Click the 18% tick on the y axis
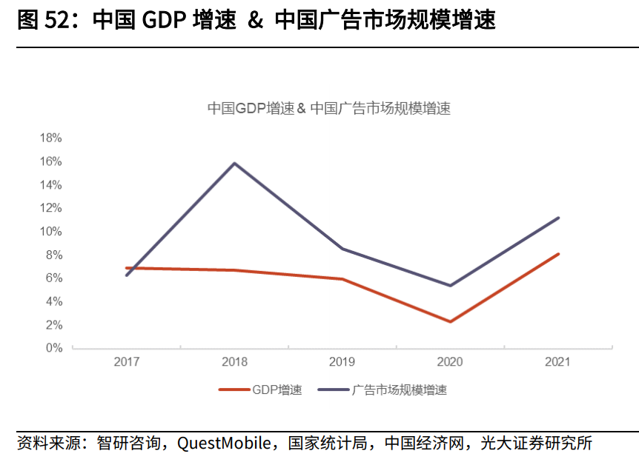point(50,138)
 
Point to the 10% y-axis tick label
point(50,231)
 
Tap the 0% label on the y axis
point(53,347)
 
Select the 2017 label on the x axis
point(127,362)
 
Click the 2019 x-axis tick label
point(342,362)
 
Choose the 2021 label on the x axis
point(557,362)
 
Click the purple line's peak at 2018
point(234,163)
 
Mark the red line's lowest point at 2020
point(450,321)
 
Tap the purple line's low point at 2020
point(450,285)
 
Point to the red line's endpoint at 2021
point(557,254)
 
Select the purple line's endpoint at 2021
point(557,218)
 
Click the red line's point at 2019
point(342,279)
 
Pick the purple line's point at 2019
point(342,249)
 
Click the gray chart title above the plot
point(328,108)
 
